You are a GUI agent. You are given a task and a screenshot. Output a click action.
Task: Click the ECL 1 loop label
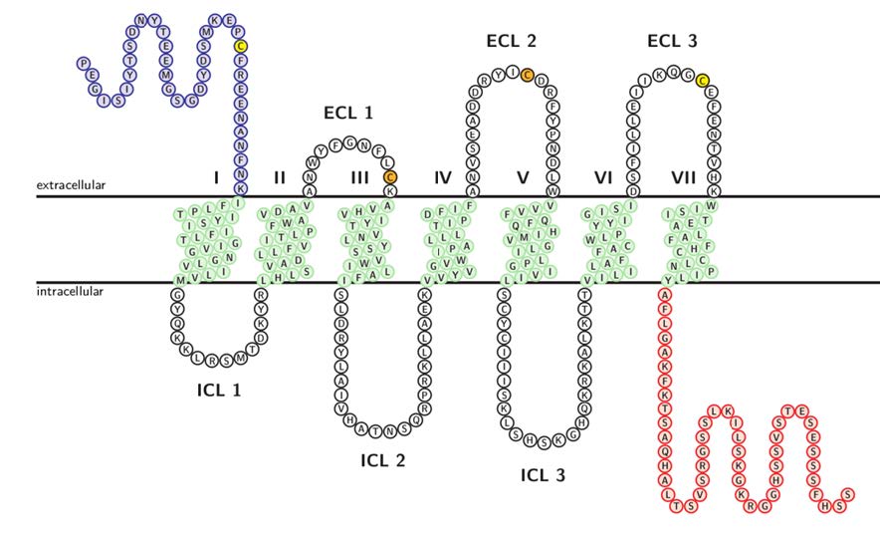point(348,113)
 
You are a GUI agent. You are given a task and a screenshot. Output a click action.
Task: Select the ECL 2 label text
point(511,41)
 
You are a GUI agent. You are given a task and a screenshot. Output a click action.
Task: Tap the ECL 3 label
point(672,41)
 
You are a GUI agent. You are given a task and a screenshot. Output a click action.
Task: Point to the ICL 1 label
point(219,390)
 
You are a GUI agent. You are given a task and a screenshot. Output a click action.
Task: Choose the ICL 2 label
point(383,460)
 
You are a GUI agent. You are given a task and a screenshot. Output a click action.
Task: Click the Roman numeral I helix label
point(216,177)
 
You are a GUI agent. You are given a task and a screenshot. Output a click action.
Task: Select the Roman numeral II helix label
point(280,177)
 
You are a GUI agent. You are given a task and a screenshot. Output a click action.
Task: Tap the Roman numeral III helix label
point(359,177)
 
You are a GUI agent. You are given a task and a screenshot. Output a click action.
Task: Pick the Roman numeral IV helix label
point(443,177)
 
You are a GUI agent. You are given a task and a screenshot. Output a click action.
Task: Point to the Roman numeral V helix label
point(523,177)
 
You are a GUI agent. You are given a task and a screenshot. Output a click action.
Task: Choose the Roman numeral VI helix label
point(602,177)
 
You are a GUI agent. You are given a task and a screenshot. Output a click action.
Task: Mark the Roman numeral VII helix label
point(684,177)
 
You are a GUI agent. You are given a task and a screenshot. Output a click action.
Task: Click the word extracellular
point(72,185)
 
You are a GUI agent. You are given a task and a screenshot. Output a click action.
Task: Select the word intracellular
point(70,291)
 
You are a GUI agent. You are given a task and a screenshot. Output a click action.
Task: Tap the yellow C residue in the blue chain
point(240,46)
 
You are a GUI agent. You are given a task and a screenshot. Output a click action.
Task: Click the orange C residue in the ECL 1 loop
point(390,177)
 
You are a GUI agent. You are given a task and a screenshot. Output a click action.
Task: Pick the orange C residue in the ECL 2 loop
point(528,75)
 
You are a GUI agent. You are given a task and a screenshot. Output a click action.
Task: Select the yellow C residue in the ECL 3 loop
point(702,80)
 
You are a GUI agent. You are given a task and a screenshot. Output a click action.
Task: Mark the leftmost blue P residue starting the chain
point(83,63)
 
